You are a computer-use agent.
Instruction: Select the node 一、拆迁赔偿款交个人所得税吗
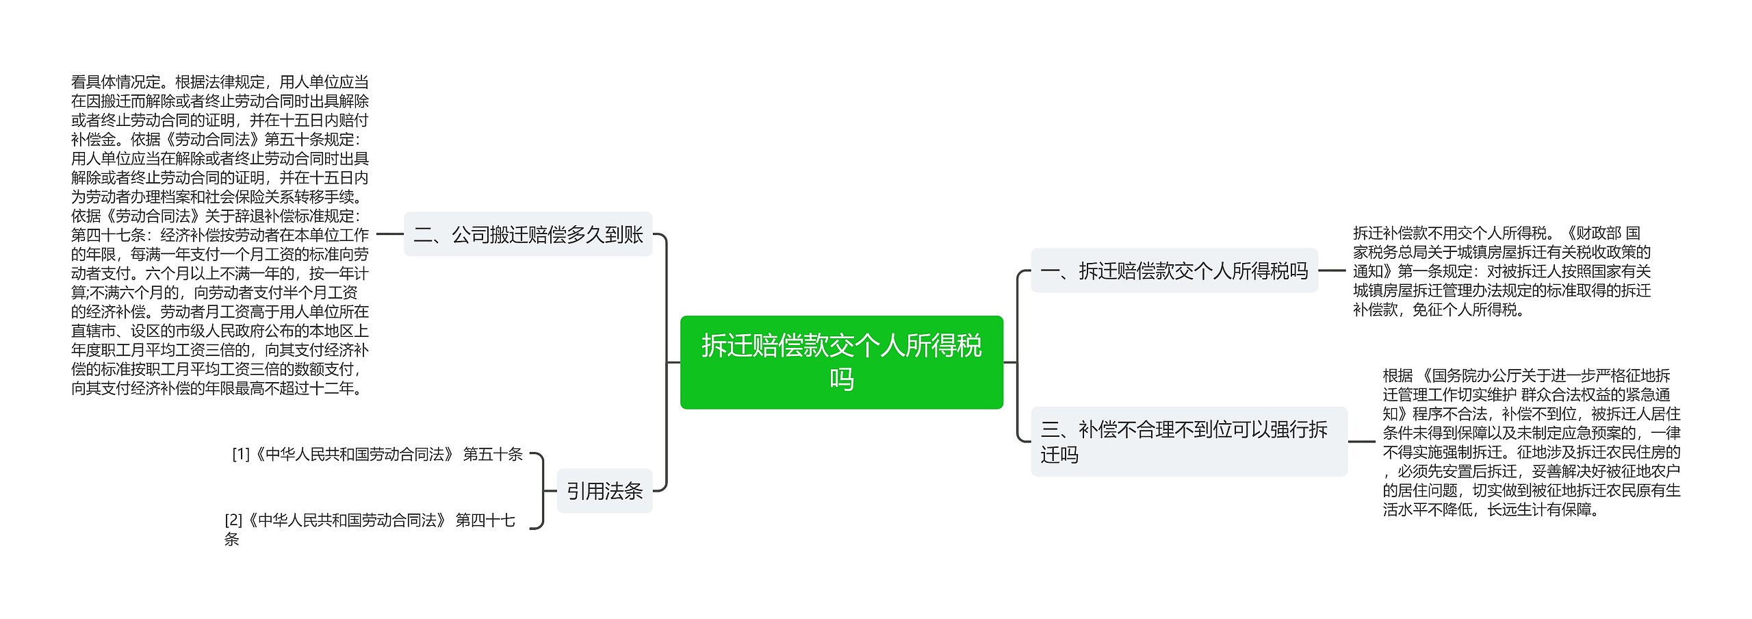pos(1174,271)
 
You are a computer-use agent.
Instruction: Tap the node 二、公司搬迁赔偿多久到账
pos(528,235)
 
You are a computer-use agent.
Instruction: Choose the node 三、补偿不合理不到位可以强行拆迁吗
pos(1189,442)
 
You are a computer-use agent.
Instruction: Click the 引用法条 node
pos(604,491)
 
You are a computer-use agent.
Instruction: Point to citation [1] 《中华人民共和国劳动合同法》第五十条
pos(377,454)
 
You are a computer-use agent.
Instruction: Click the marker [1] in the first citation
pos(241,454)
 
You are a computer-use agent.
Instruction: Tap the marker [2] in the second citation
pos(233,520)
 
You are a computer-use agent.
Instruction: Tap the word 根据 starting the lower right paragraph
pos(1397,375)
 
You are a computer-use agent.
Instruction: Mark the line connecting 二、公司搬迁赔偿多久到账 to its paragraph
pos(390,234)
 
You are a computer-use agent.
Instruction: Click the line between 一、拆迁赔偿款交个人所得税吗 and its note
pos(1332,271)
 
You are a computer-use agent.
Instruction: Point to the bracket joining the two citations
pos(543,491)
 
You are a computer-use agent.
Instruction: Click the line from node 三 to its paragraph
pos(1362,442)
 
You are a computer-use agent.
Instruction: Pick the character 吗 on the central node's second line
pos(841,379)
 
